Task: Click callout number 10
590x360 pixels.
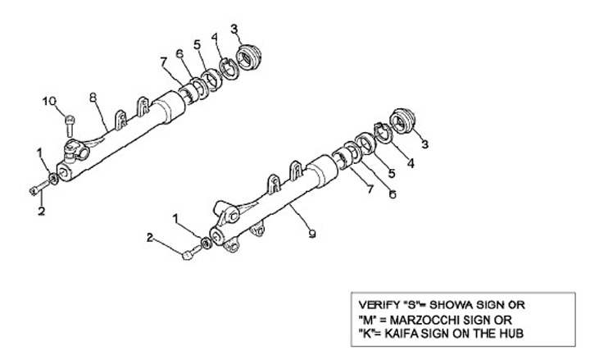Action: coord(51,101)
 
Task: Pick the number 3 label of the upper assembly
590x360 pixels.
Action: coord(234,30)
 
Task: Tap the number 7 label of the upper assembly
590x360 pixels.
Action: coord(164,60)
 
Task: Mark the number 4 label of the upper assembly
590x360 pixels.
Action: coord(215,36)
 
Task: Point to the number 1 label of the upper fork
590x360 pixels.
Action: coord(39,152)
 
